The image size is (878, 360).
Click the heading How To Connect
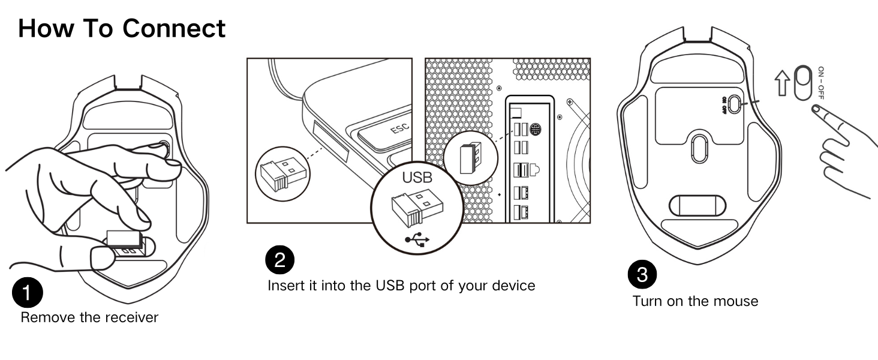(122, 28)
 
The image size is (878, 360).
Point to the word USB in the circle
(416, 178)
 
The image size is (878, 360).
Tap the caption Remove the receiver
(89, 317)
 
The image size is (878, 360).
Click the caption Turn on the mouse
(695, 301)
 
